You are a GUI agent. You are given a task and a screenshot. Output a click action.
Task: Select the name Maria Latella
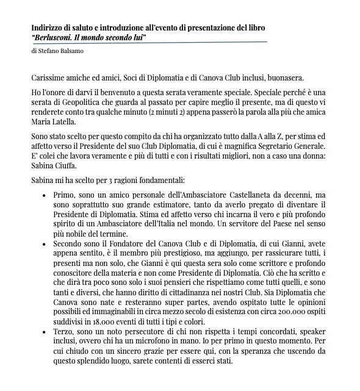click(54, 121)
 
